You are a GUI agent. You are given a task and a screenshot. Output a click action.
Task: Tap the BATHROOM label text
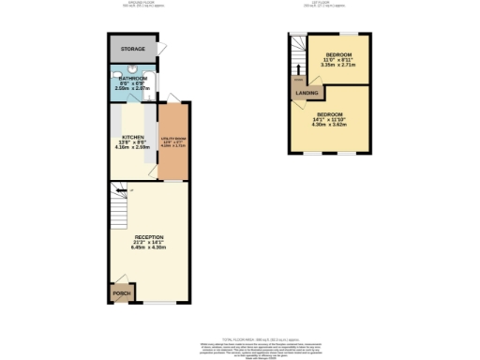coord(131,78)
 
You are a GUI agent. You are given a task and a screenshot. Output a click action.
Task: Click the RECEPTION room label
coord(150,236)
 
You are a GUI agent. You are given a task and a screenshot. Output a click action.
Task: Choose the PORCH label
coord(121,293)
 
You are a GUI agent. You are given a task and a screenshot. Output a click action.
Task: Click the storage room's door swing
coord(163,50)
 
